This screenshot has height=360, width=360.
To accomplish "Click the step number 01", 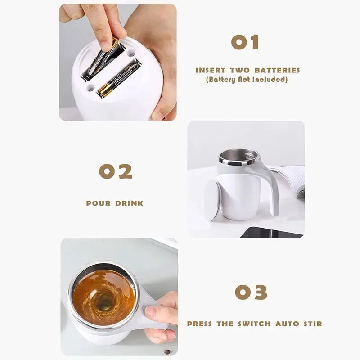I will pos(245,42).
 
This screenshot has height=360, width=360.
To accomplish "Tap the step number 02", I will pos(116,171).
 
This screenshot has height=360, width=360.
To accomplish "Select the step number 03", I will pos(251,292).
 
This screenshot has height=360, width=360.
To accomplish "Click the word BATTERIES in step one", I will pos(277,70).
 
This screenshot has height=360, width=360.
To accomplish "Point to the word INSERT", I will pos(211,70).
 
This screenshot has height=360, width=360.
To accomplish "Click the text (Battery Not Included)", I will pos(247,80).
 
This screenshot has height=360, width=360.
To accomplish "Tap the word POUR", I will pos(99,203).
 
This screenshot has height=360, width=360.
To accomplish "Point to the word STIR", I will pos(312,324).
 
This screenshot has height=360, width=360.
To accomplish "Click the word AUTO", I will pos(287,324).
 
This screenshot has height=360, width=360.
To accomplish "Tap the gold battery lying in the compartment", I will pos(119,79).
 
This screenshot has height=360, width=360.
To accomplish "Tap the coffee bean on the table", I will pos(168,351).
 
